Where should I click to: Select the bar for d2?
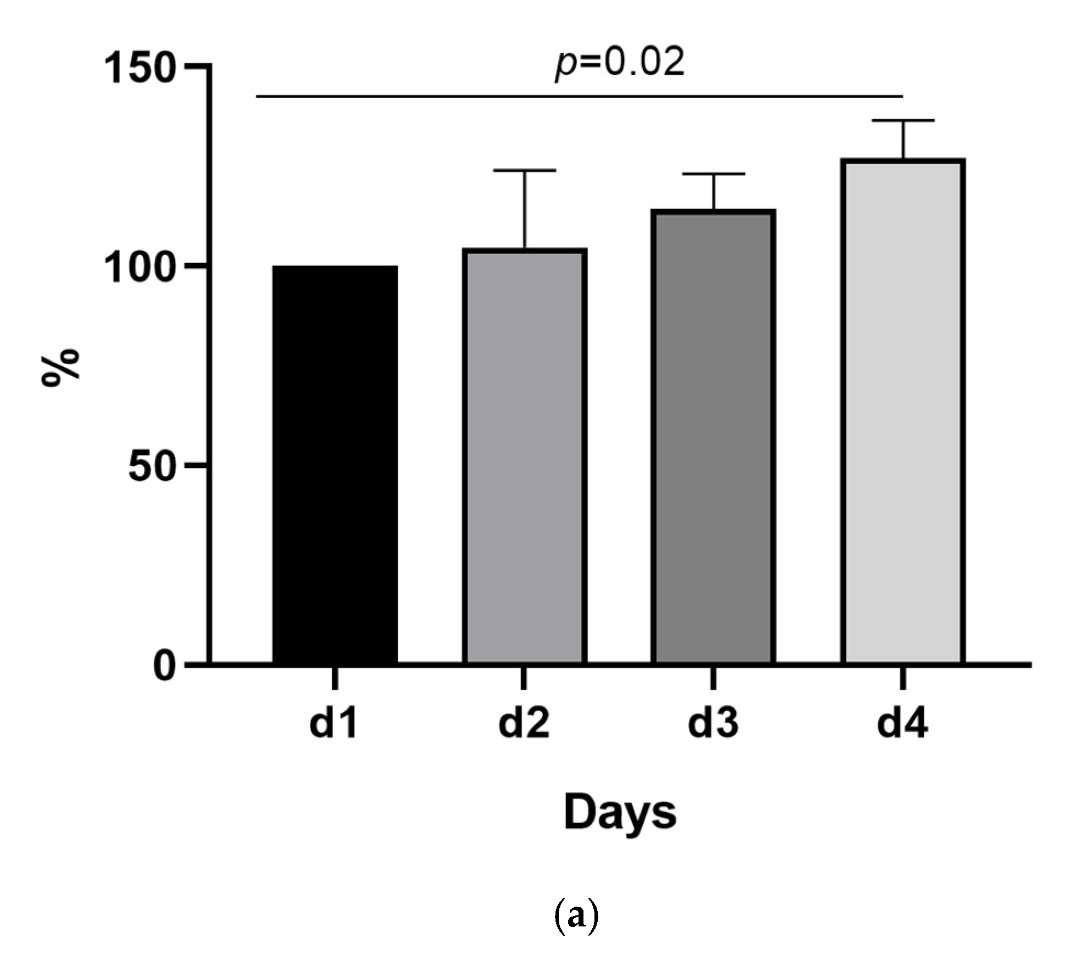click(525, 456)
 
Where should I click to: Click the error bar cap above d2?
click(525, 171)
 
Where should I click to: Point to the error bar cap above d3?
click(714, 174)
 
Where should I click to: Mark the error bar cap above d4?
click(903, 120)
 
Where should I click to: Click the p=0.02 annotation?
click(620, 63)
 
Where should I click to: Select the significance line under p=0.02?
click(579, 97)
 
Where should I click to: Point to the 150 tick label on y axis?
click(139, 68)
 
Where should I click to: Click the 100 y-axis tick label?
click(139, 268)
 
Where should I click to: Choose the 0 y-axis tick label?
click(165, 666)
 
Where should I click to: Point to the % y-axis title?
click(60, 368)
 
